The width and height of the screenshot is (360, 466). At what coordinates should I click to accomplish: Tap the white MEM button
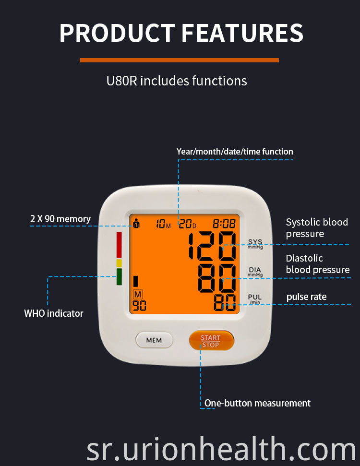tap(154, 340)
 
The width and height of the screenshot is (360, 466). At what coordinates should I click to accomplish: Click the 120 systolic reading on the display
tap(212, 246)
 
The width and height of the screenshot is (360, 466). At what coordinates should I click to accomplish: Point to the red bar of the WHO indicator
tap(119, 245)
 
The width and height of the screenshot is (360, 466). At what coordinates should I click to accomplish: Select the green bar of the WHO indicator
tap(119, 277)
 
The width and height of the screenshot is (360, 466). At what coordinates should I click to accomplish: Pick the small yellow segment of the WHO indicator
tap(119, 263)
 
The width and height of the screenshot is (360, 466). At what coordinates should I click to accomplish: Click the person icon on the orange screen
tap(136, 223)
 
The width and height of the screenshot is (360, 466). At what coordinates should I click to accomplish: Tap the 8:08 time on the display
tap(224, 224)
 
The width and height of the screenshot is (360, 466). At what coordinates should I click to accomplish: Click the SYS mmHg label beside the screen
tap(255, 244)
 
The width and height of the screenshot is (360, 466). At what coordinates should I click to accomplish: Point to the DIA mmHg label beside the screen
tap(255, 271)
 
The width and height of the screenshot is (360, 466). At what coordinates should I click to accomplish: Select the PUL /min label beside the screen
tap(255, 299)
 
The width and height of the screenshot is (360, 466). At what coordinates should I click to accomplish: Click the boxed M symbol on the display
tap(138, 295)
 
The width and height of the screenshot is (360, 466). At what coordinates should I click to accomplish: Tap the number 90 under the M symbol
tap(139, 306)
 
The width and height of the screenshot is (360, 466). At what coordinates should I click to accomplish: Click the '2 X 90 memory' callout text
tap(60, 219)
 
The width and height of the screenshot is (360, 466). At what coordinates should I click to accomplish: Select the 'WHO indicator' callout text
tap(53, 313)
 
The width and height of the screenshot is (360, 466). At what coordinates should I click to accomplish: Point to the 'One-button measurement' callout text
tap(257, 403)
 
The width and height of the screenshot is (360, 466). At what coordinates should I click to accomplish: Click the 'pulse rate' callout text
tap(307, 297)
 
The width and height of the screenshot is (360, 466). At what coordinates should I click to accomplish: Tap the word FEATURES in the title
tap(242, 33)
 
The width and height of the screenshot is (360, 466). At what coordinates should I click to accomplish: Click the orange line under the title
tap(180, 60)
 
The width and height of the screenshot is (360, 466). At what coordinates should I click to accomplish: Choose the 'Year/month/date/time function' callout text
tap(235, 152)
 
